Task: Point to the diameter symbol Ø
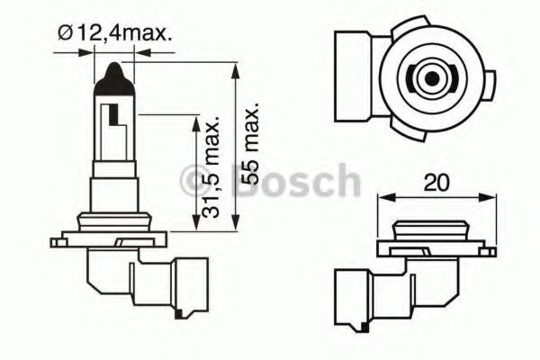[64, 35]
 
